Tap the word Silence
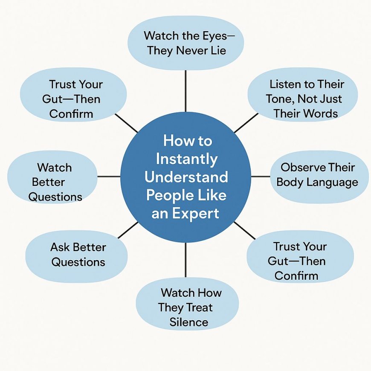pyautogui.click(x=188, y=322)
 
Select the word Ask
pyautogui.click(x=60, y=247)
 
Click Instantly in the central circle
pyautogui.click(x=187, y=159)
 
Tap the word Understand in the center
pyautogui.click(x=187, y=177)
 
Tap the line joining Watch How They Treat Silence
pyautogui.click(x=185, y=260)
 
